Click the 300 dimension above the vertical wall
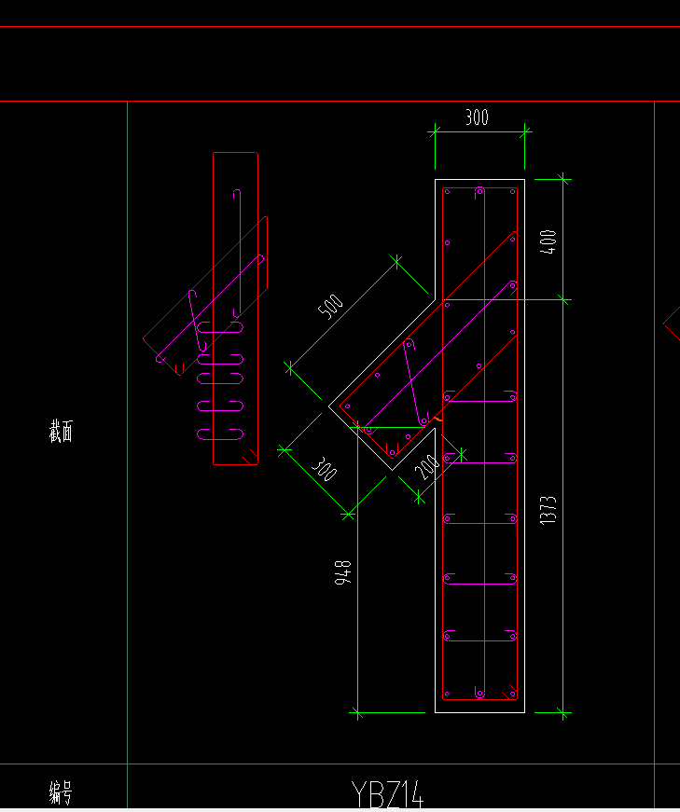tap(477, 117)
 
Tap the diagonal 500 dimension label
tap(332, 307)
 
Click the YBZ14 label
tap(388, 795)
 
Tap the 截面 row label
tap(61, 432)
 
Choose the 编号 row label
tap(61, 793)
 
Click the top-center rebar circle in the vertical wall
tap(479, 191)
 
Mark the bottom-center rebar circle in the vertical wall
tap(479, 693)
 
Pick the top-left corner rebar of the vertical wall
tap(448, 192)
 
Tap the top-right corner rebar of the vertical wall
tap(512, 192)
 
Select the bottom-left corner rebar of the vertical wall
tap(448, 693)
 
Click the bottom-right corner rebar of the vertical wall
tap(512, 693)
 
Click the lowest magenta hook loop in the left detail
tap(220, 433)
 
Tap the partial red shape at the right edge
tap(672, 324)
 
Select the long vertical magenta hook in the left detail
tap(237, 252)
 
